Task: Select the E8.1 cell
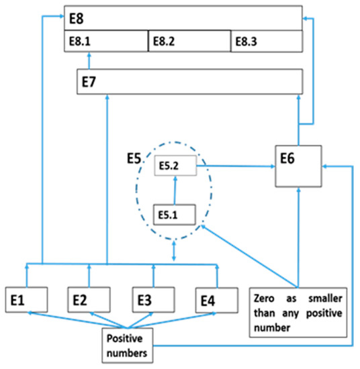105,41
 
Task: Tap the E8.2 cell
189,41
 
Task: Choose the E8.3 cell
265,41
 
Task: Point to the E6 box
299,167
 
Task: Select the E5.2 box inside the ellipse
176,165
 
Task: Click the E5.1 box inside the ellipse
175,214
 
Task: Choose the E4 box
215,299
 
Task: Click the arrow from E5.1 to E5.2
175,189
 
